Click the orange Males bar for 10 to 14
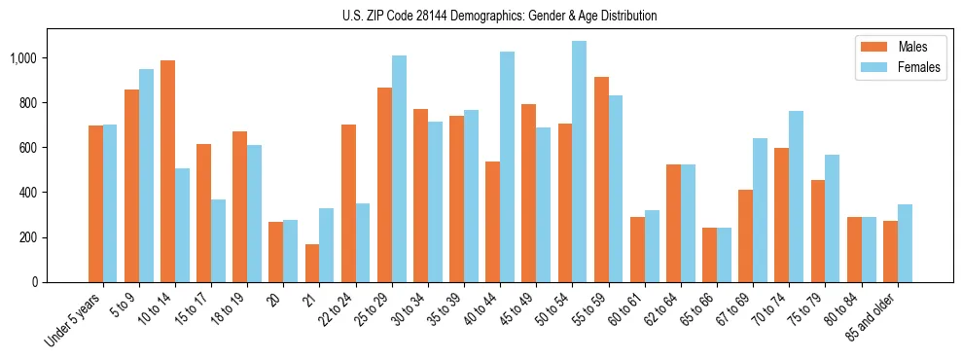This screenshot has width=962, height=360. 167,171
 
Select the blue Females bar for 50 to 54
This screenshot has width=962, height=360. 579,162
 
